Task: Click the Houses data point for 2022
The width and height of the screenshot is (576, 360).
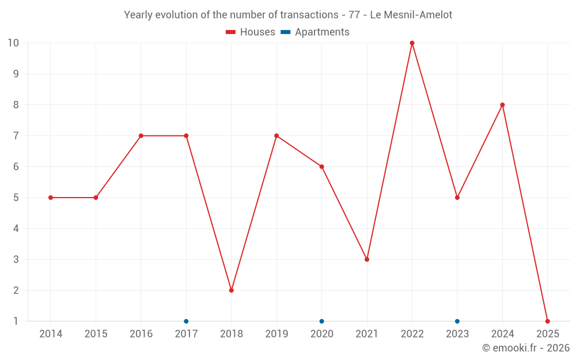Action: tap(412, 43)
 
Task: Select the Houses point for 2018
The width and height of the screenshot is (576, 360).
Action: tap(232, 290)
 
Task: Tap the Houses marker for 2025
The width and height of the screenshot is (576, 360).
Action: tap(548, 321)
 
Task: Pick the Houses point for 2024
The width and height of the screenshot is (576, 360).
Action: tap(502, 105)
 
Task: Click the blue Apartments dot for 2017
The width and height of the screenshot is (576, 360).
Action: tap(186, 321)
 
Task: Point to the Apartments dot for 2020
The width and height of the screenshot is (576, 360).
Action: tap(321, 321)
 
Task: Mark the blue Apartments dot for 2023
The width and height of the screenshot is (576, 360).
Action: tap(457, 321)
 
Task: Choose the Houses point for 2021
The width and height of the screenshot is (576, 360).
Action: tap(367, 259)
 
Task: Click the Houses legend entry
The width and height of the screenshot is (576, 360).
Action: tap(251, 32)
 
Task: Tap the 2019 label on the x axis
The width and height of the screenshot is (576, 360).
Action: tap(276, 334)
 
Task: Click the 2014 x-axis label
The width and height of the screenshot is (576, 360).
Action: tap(51, 334)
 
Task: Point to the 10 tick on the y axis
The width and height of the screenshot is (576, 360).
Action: tap(13, 43)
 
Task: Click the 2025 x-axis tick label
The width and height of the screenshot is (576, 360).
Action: tap(548, 334)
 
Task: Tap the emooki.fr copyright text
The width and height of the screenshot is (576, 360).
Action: tap(526, 348)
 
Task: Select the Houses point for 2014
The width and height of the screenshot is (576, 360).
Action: tap(51, 198)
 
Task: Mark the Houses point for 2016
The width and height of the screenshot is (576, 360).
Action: tap(141, 136)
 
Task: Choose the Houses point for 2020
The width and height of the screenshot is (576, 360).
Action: tap(321, 167)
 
